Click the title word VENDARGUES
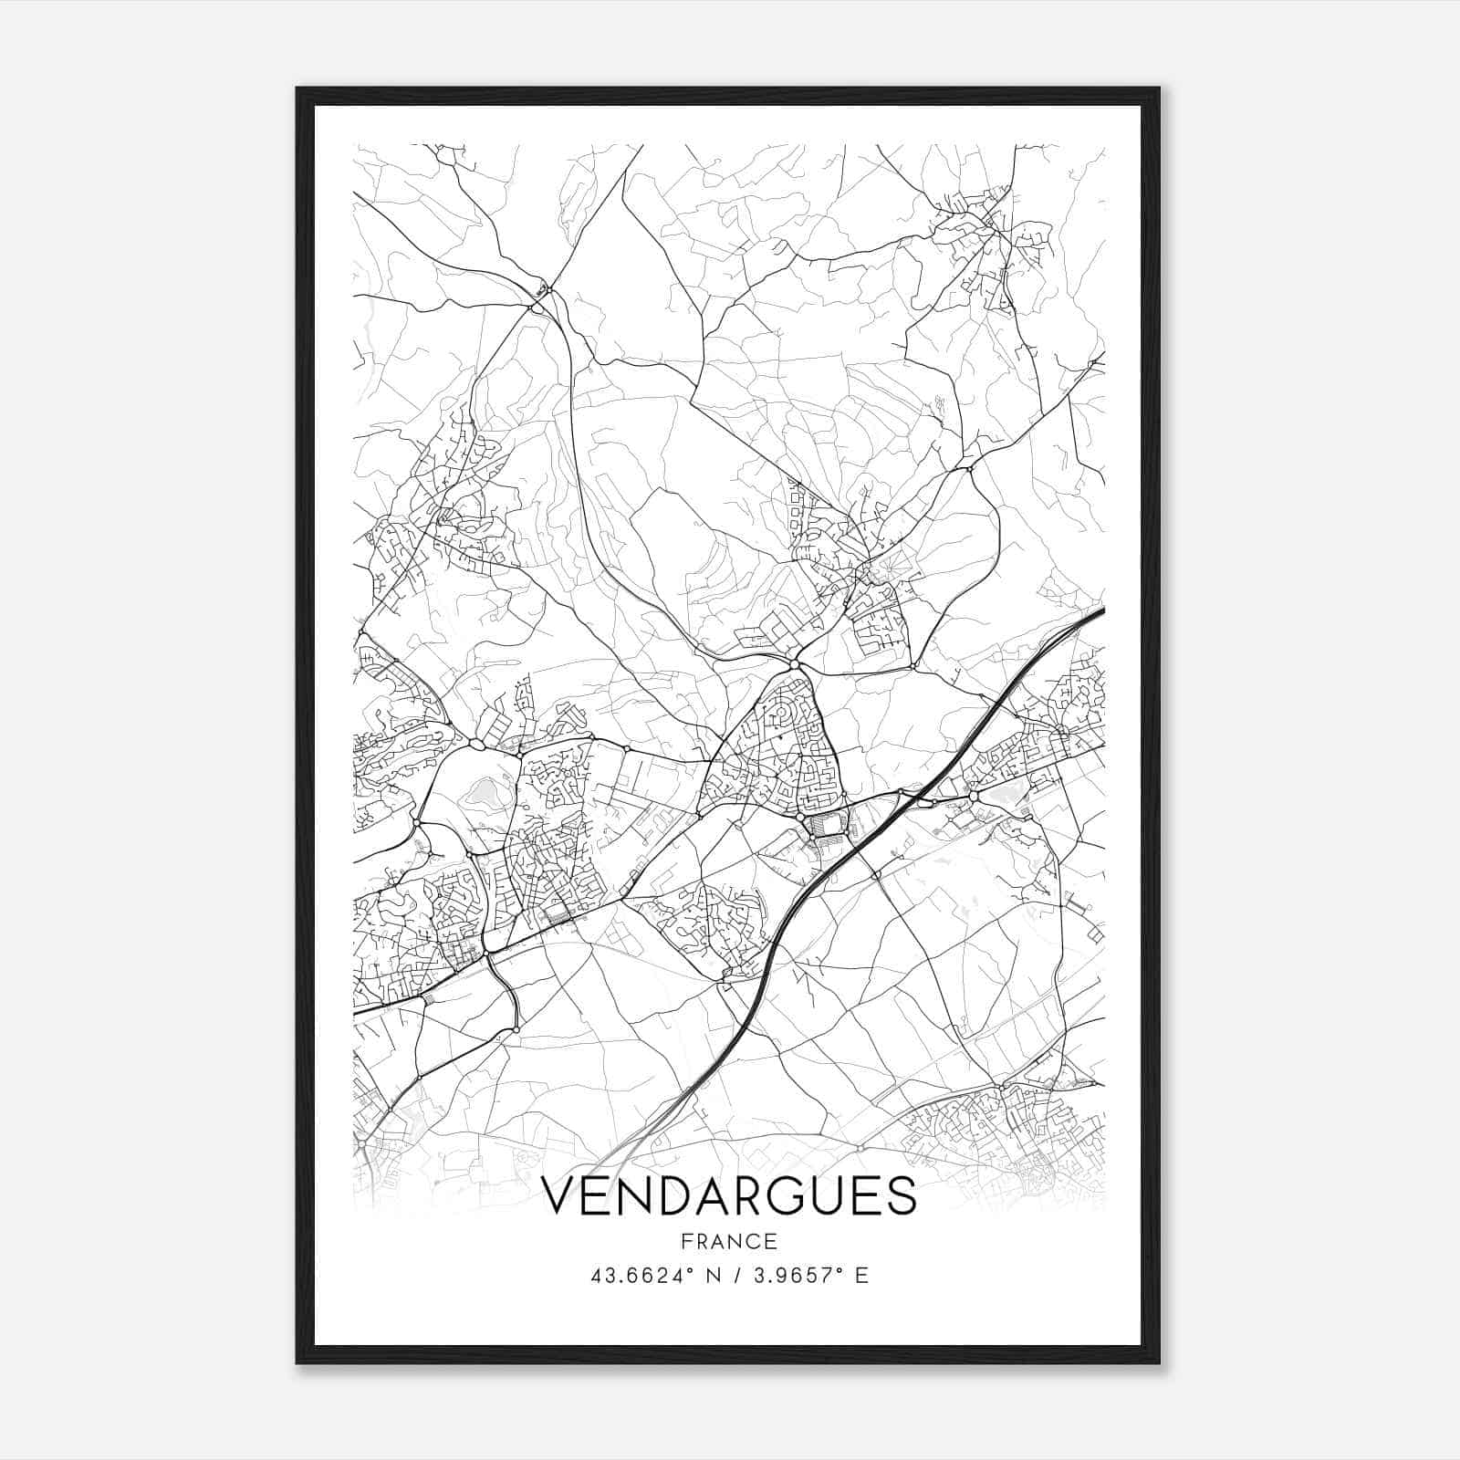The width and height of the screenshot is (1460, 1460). coord(729,1196)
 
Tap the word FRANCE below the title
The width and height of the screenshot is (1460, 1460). coord(729,1242)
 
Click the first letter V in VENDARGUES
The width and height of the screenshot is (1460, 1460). coord(560,1196)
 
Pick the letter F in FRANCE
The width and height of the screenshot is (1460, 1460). coord(686,1242)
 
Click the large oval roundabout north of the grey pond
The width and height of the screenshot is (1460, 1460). coord(477,746)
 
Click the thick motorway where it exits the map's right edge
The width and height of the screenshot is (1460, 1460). coord(1101,609)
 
